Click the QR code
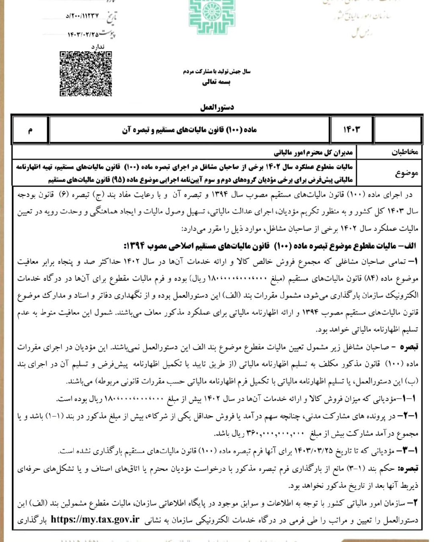(86, 74)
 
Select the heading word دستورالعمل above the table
(217, 107)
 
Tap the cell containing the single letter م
(30, 130)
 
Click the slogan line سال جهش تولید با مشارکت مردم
(217, 72)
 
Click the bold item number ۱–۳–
(408, 451)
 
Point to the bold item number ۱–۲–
(408, 416)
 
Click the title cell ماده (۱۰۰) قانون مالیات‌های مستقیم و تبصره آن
(189, 130)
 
